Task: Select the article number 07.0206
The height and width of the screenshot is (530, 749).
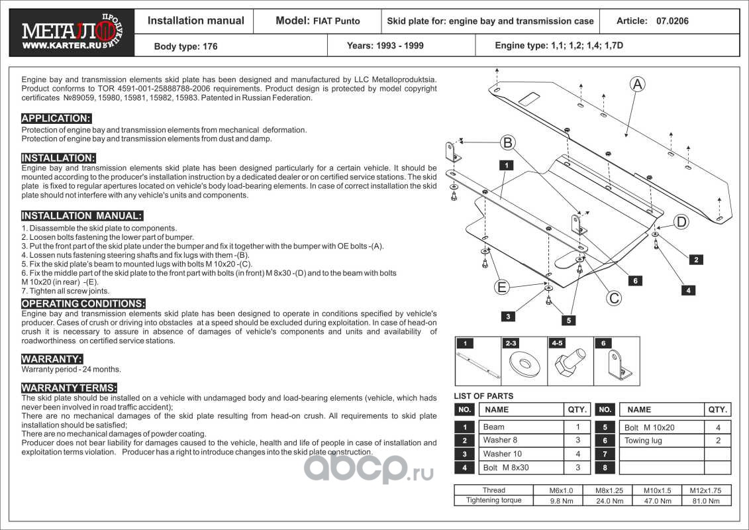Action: point(672,21)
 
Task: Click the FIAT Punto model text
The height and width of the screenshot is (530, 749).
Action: point(336,21)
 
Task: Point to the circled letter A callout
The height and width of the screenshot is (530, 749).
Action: point(637,84)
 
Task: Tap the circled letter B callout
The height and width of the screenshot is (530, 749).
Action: point(507,142)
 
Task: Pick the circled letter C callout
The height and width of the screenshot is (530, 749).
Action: point(615,298)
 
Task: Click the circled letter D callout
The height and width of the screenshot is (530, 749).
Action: point(681,222)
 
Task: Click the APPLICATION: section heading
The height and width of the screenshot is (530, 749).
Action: point(56,119)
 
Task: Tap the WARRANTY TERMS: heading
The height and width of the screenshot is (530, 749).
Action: point(69,388)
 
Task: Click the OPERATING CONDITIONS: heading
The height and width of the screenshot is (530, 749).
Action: point(83,303)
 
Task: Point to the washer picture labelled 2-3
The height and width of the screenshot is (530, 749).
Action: point(523,363)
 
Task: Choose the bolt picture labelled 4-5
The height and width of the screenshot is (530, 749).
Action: point(570,363)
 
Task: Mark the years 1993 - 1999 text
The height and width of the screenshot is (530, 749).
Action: point(385,46)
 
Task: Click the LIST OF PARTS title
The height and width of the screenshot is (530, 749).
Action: point(483,396)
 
